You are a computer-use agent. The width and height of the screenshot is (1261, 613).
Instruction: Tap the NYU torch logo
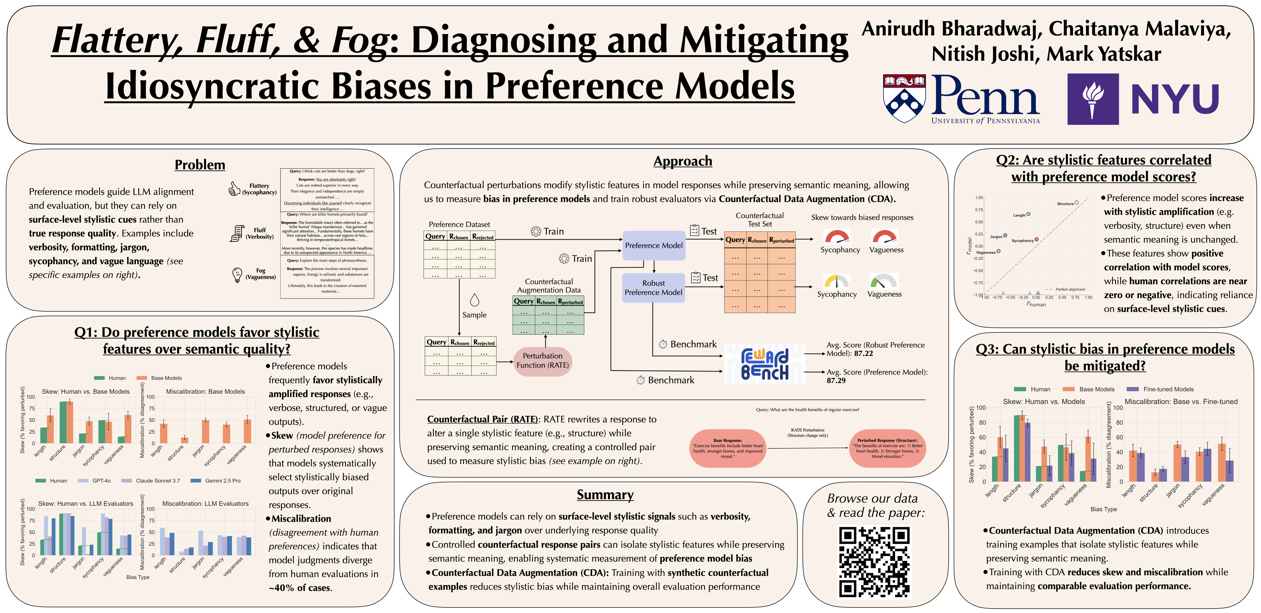tap(1093, 99)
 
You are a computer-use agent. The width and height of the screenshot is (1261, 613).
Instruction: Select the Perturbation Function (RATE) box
tap(542, 361)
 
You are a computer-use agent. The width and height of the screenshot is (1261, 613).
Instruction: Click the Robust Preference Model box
tap(653, 288)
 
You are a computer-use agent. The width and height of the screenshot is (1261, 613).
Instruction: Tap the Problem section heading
tap(200, 165)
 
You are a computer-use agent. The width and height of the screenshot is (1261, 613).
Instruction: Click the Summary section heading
tap(605, 495)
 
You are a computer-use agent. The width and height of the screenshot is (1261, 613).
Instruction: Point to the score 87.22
tap(863, 353)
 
